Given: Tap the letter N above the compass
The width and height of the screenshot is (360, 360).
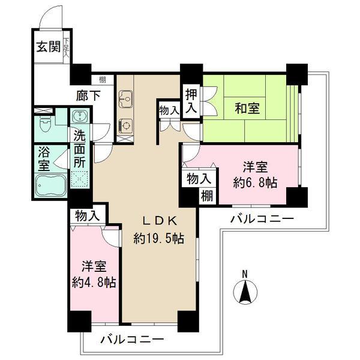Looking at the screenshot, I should [x=245, y=275].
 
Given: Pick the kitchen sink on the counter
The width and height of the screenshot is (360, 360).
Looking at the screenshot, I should [x=125, y=97].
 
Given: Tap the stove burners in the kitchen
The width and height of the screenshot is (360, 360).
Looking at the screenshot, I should [x=125, y=125].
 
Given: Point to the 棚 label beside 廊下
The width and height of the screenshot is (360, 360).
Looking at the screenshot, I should [x=104, y=79].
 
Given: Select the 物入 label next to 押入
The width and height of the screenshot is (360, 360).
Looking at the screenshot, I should [x=169, y=110].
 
